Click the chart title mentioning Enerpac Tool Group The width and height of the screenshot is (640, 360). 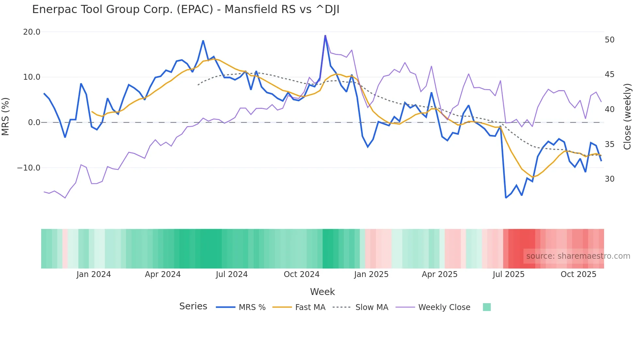coord(185,9)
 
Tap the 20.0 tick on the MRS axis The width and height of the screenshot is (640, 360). coord(32,32)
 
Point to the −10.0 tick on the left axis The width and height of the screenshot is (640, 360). coord(29,168)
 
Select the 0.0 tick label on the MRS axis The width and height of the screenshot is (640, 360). coord(34,123)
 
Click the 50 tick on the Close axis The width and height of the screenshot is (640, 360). coord(609,40)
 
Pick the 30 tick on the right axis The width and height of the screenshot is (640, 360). coord(609,179)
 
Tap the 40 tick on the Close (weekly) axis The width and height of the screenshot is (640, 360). coord(609,109)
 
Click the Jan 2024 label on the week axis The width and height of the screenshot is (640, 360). coord(94,274)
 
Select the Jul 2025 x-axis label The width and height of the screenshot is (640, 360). coord(508,274)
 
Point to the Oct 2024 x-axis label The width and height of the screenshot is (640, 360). coord(301,274)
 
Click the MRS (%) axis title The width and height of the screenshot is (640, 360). coord(6,117)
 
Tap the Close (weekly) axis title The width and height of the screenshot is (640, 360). coord(627,117)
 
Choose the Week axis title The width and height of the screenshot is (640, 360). coord(322,292)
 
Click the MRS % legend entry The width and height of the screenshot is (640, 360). coord(252,307)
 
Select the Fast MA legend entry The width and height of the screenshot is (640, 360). coord(310,307)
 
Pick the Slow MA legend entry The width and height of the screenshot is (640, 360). coord(372,307)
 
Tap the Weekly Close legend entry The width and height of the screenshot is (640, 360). coord(444,307)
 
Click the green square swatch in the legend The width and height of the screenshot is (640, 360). coord(487,307)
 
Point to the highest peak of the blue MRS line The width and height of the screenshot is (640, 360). coord(325,36)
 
